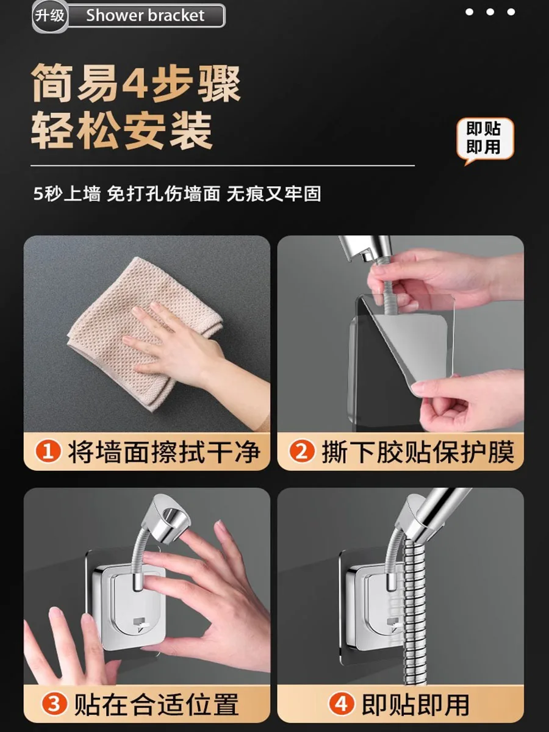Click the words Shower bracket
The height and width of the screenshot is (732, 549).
coord(145,16)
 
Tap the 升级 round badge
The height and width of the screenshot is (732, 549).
coord(50,16)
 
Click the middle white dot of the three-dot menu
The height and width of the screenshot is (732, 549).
coord(490,12)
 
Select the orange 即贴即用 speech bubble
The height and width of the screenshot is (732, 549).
coord(485,140)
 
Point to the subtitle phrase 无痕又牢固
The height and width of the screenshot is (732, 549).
coord(274,194)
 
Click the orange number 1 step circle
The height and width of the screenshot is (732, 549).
coord(48,452)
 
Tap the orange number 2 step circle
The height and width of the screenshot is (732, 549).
coord(302,452)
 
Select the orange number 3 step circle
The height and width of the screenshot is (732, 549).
coord(54,705)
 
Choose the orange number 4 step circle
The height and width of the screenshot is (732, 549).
coord(342,705)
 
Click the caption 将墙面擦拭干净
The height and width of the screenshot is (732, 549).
coord(164,452)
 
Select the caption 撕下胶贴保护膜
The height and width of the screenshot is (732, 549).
coord(418,452)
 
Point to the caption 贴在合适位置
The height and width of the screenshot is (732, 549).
coord(156,705)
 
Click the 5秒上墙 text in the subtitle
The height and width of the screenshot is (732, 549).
coord(67,194)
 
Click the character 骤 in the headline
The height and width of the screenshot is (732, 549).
coord(220,83)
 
